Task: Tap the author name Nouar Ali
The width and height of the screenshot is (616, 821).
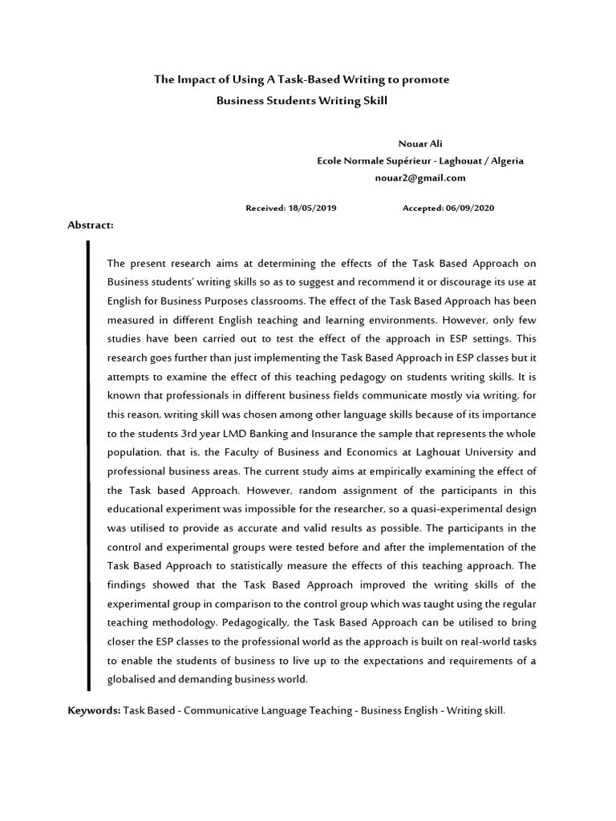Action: [x=420, y=144]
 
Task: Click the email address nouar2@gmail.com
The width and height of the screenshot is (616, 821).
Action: [x=420, y=178]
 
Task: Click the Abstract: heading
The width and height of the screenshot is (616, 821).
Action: [x=91, y=225]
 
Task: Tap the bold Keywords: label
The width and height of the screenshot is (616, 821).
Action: [x=94, y=710]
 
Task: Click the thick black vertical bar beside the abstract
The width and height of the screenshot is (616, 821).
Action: [x=87, y=465]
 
